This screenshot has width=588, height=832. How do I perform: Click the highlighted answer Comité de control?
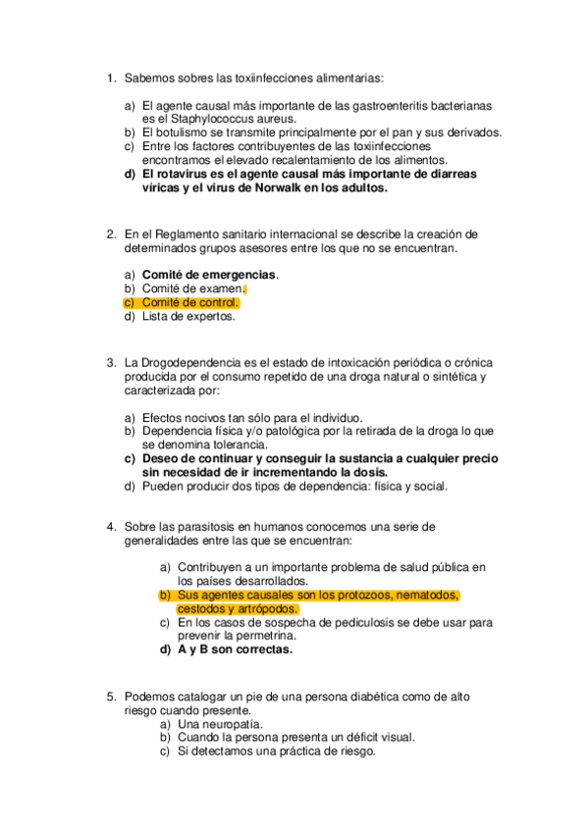[x=190, y=302]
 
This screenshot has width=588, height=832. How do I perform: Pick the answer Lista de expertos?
[x=188, y=316]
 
